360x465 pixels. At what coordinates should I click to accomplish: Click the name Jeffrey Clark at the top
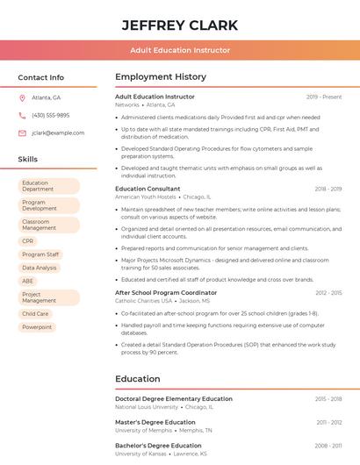(179, 24)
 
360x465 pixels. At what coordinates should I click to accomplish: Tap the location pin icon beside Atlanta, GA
(22, 97)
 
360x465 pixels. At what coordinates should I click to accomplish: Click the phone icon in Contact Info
(22, 115)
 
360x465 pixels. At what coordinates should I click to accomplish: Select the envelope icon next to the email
(22, 132)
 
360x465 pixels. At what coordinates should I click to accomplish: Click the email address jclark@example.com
(58, 132)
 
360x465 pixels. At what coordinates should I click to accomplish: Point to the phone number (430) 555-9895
(50, 115)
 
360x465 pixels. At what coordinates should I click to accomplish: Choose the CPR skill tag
(28, 240)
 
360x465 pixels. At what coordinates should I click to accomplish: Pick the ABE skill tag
(28, 281)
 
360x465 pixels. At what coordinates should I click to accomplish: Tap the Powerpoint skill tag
(37, 327)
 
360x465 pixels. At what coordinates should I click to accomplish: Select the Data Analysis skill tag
(39, 268)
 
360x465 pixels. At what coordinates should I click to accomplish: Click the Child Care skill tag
(35, 313)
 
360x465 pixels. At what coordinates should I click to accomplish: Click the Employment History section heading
(161, 77)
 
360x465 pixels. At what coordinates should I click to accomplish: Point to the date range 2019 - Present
(324, 97)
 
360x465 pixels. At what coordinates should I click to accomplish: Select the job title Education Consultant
(148, 189)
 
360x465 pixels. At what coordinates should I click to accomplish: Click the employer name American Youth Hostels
(146, 197)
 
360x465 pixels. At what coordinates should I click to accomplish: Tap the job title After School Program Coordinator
(166, 292)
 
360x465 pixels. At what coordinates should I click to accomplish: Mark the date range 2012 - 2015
(328, 292)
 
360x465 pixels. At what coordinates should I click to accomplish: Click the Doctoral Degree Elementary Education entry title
(174, 398)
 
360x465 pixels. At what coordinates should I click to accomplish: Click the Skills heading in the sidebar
(28, 160)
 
